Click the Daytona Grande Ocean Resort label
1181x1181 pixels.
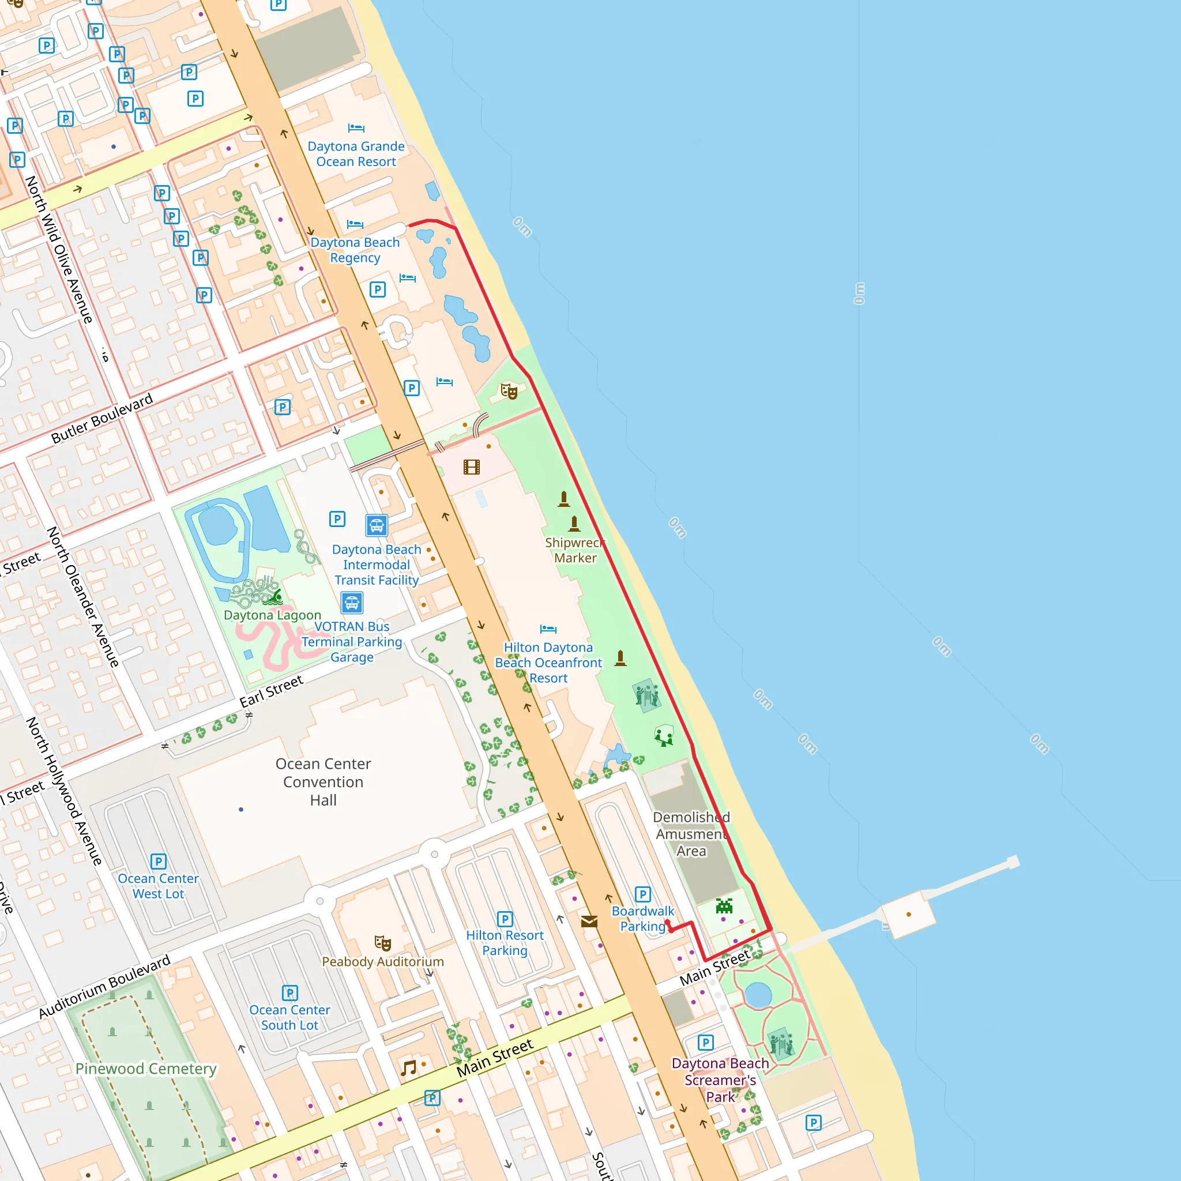tap(356, 154)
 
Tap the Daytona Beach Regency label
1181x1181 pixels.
tap(355, 250)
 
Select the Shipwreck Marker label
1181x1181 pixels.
tap(574, 550)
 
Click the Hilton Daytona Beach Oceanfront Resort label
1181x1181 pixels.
tap(548, 663)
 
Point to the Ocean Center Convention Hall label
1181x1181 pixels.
tap(324, 782)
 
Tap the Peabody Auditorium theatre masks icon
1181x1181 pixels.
tap(383, 943)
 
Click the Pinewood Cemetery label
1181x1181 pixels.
tap(145, 1069)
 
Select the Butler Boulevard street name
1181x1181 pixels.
tap(102, 419)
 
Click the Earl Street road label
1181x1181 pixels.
tap(272, 691)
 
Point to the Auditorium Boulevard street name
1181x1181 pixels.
tap(104, 987)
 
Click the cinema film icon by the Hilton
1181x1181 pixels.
tap(471, 468)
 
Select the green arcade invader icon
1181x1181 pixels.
tap(724, 906)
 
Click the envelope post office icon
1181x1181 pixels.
tap(589, 921)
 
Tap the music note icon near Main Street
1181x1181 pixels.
tap(408, 1068)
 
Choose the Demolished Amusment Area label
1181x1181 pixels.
tap(691, 834)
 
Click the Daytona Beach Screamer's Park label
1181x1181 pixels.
tap(720, 1080)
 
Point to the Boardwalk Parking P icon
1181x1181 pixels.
tap(642, 894)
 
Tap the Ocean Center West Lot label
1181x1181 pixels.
tap(159, 886)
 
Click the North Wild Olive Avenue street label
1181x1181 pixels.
tap(59, 249)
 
